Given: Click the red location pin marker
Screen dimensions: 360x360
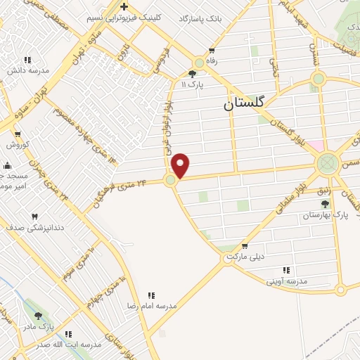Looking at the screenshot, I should tap(181, 165).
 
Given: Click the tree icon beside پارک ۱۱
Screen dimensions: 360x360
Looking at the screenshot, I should tap(193, 74).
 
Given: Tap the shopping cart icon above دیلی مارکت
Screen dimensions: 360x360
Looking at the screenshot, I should tap(244, 246).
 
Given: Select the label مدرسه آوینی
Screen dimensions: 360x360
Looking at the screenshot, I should tap(285, 281).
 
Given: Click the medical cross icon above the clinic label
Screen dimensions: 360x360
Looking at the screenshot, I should tap(124, 6).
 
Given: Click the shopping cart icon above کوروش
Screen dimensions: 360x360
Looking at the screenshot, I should tap(17, 133).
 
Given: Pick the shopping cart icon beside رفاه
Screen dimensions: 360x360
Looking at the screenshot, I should tap(212, 51).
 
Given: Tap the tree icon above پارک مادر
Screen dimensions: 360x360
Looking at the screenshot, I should tap(38, 316).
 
